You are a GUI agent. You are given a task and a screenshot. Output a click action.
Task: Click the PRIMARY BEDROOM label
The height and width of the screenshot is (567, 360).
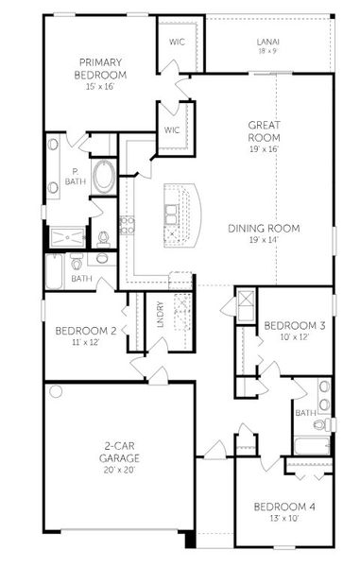(x=101, y=68)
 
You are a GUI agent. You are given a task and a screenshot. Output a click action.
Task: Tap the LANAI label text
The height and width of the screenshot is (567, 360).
(x=266, y=42)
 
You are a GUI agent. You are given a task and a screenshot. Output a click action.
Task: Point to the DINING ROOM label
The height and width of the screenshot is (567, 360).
(x=264, y=228)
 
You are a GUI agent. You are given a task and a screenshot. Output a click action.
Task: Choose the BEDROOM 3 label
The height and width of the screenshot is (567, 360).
(x=294, y=325)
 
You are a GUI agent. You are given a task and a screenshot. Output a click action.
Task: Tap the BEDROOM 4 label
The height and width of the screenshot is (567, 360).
(x=284, y=507)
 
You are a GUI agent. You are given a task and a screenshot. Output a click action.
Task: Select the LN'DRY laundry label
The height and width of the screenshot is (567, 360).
(x=161, y=315)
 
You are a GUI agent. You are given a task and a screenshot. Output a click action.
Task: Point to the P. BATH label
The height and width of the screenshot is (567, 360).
(x=72, y=177)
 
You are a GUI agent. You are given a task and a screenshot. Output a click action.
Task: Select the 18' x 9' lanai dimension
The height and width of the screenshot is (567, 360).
(x=266, y=51)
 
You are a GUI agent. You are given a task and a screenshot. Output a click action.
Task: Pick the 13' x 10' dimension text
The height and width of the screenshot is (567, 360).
(x=284, y=519)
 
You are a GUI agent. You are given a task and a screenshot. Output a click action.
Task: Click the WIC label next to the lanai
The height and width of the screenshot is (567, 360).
(x=176, y=42)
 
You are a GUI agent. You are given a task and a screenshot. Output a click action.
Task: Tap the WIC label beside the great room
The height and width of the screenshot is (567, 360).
(x=171, y=129)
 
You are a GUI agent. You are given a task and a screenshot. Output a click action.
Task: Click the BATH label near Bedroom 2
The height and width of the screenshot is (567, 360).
(x=81, y=279)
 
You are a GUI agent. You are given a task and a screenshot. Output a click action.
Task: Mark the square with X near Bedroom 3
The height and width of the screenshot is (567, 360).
(x=247, y=301)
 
